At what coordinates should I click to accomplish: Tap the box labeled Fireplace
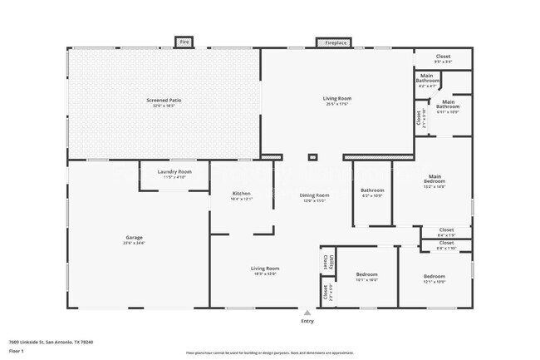tap(336, 42)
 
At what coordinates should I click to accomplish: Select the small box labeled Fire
tap(184, 42)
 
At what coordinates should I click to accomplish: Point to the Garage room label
tap(134, 240)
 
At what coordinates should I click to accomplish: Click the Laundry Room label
tap(174, 174)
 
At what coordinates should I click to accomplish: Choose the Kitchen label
tap(241, 196)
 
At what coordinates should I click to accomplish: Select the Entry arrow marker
tap(307, 313)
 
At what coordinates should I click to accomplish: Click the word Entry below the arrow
tap(307, 321)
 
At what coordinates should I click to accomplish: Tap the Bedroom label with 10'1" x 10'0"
tap(366, 277)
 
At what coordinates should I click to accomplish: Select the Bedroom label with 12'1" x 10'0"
tap(434, 279)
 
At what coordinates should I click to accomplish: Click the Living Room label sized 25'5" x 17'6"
tap(337, 101)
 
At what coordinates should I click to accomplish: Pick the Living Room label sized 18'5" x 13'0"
tap(265, 271)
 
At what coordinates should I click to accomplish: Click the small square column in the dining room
tap(312, 156)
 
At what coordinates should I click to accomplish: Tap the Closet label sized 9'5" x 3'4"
tap(444, 59)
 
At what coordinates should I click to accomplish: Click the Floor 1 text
tap(17, 352)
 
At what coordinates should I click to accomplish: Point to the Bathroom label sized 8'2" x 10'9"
tap(371, 192)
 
